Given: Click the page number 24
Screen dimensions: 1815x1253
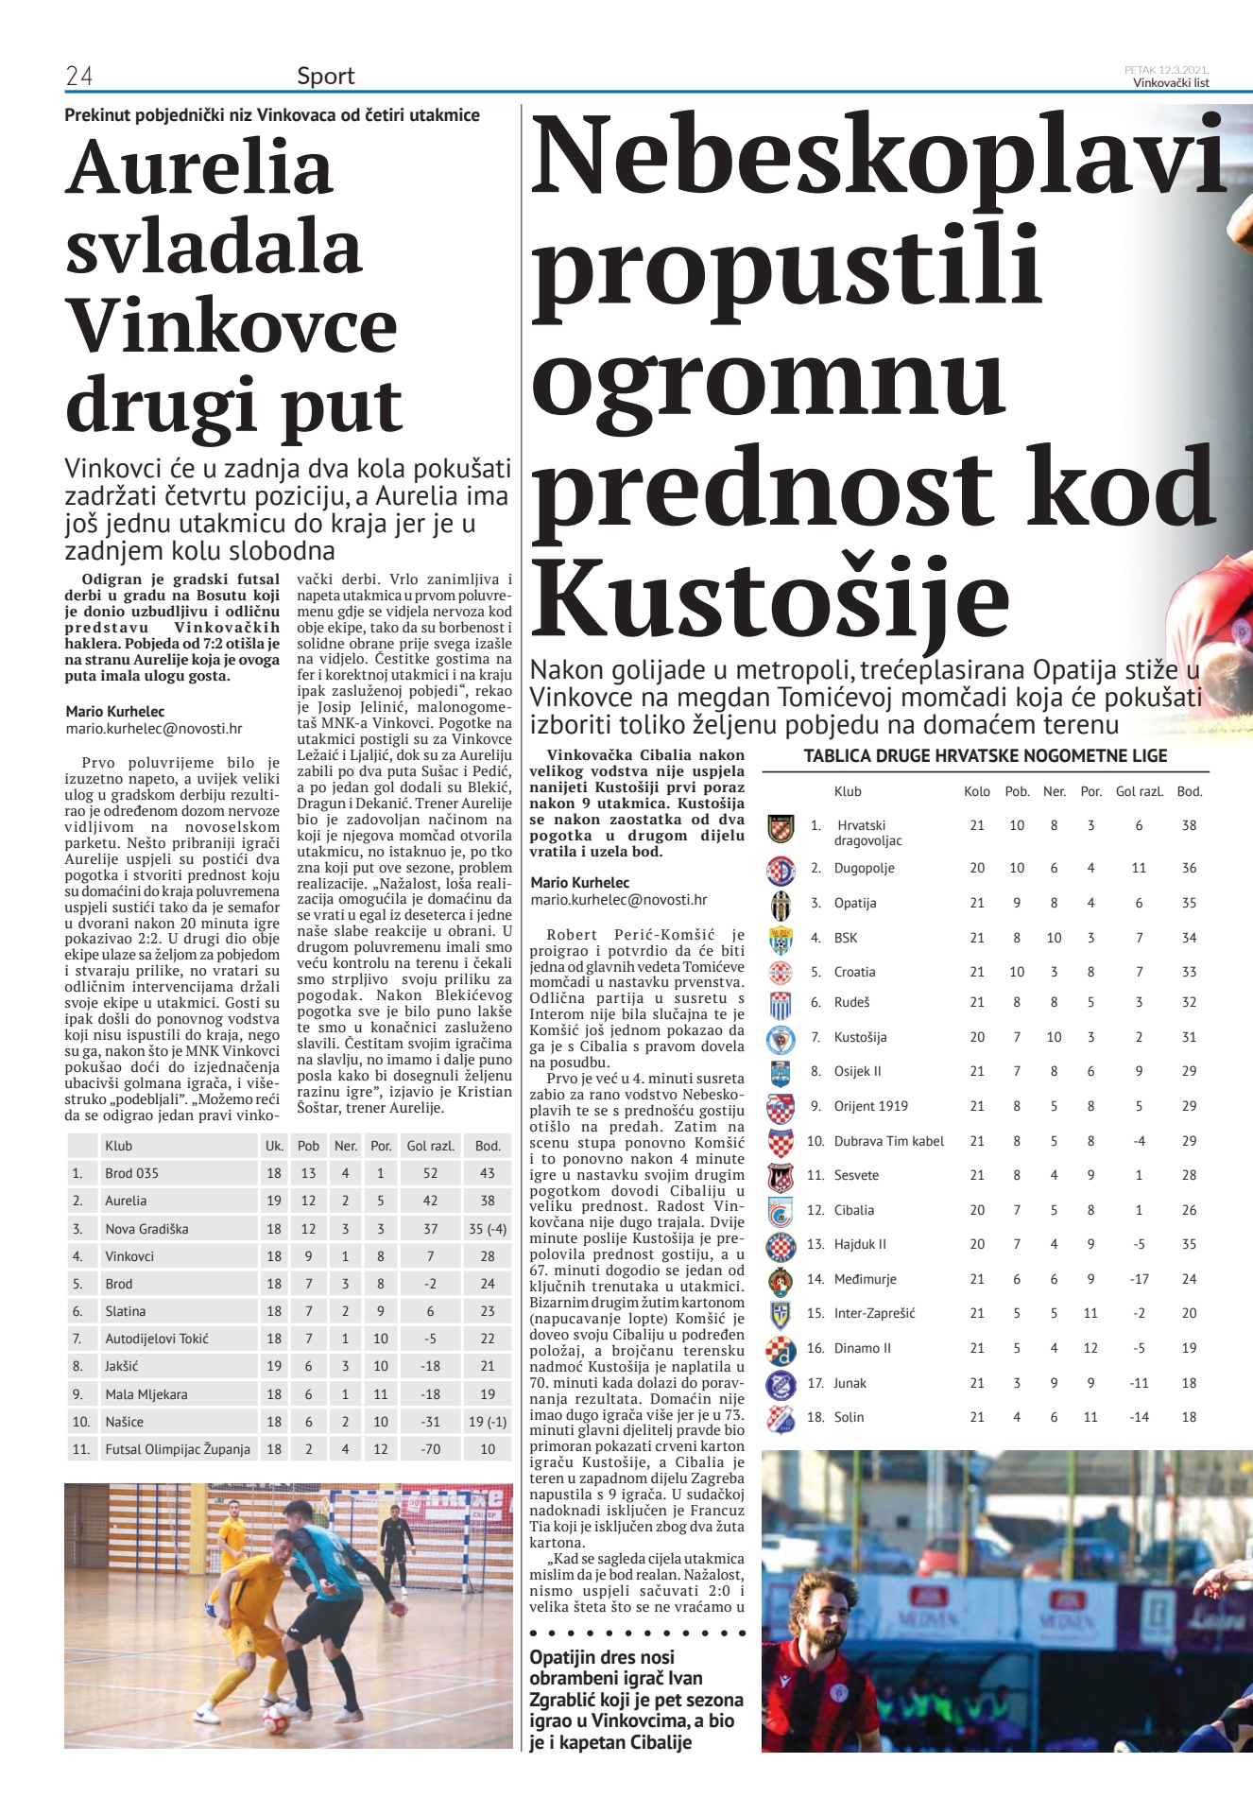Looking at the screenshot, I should pyautogui.click(x=78, y=77).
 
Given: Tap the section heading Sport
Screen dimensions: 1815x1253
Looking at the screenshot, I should pyautogui.click(x=325, y=77).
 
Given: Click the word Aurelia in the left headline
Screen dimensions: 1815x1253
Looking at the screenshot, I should pyautogui.click(x=199, y=167).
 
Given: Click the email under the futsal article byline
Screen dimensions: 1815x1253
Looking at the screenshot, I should pyautogui.click(x=154, y=729).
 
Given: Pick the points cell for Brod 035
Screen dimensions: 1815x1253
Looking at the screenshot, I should pyautogui.click(x=487, y=1173).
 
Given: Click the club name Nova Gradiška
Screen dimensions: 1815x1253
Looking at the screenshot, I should pyautogui.click(x=146, y=1229).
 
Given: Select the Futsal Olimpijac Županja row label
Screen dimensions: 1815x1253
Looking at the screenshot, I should pyautogui.click(x=178, y=1449).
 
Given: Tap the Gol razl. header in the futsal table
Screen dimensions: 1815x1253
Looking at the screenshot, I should pyautogui.click(x=430, y=1146).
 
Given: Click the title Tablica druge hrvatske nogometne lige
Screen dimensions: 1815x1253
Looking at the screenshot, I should pyautogui.click(x=986, y=756).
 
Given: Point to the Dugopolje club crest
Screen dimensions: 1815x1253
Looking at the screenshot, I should pyautogui.click(x=781, y=869).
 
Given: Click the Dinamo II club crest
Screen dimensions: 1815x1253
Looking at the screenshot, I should pyautogui.click(x=781, y=1349).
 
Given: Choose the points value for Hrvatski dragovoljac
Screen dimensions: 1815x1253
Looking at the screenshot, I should pyautogui.click(x=1189, y=825).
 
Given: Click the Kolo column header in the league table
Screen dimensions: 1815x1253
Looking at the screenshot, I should pyautogui.click(x=977, y=791).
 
